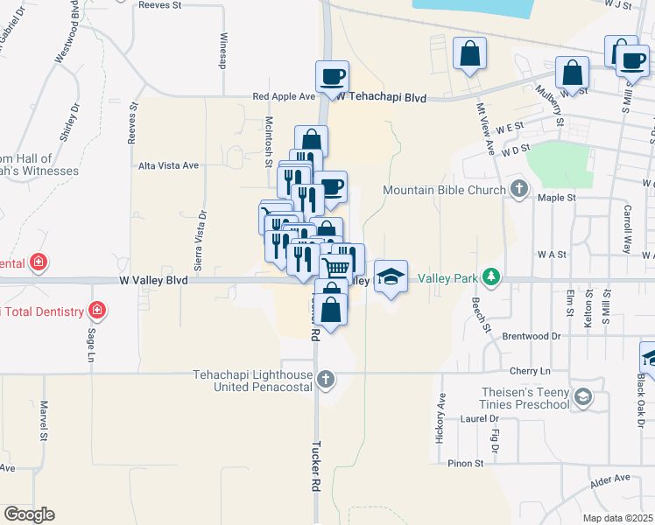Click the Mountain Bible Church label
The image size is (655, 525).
pyautogui.click(x=445, y=190)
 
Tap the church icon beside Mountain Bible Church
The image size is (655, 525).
pyautogui.click(x=519, y=189)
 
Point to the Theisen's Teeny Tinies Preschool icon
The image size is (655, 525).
pyautogui.click(x=581, y=398)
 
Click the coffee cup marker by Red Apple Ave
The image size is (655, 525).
pyautogui.click(x=332, y=77)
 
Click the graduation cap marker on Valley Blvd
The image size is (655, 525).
pyautogui.click(x=391, y=277)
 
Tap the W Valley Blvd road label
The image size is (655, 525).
pyautogui.click(x=153, y=281)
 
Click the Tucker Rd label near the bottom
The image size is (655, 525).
pyautogui.click(x=317, y=470)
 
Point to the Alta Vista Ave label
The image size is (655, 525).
pyautogui.click(x=169, y=164)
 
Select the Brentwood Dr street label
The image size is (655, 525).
pyautogui.click(x=532, y=335)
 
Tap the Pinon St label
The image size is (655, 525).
pyautogui.click(x=466, y=463)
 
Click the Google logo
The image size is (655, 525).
pyautogui.click(x=29, y=514)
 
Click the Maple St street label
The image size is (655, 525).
pyautogui.click(x=557, y=198)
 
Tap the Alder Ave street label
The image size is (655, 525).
pyautogui.click(x=610, y=479)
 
